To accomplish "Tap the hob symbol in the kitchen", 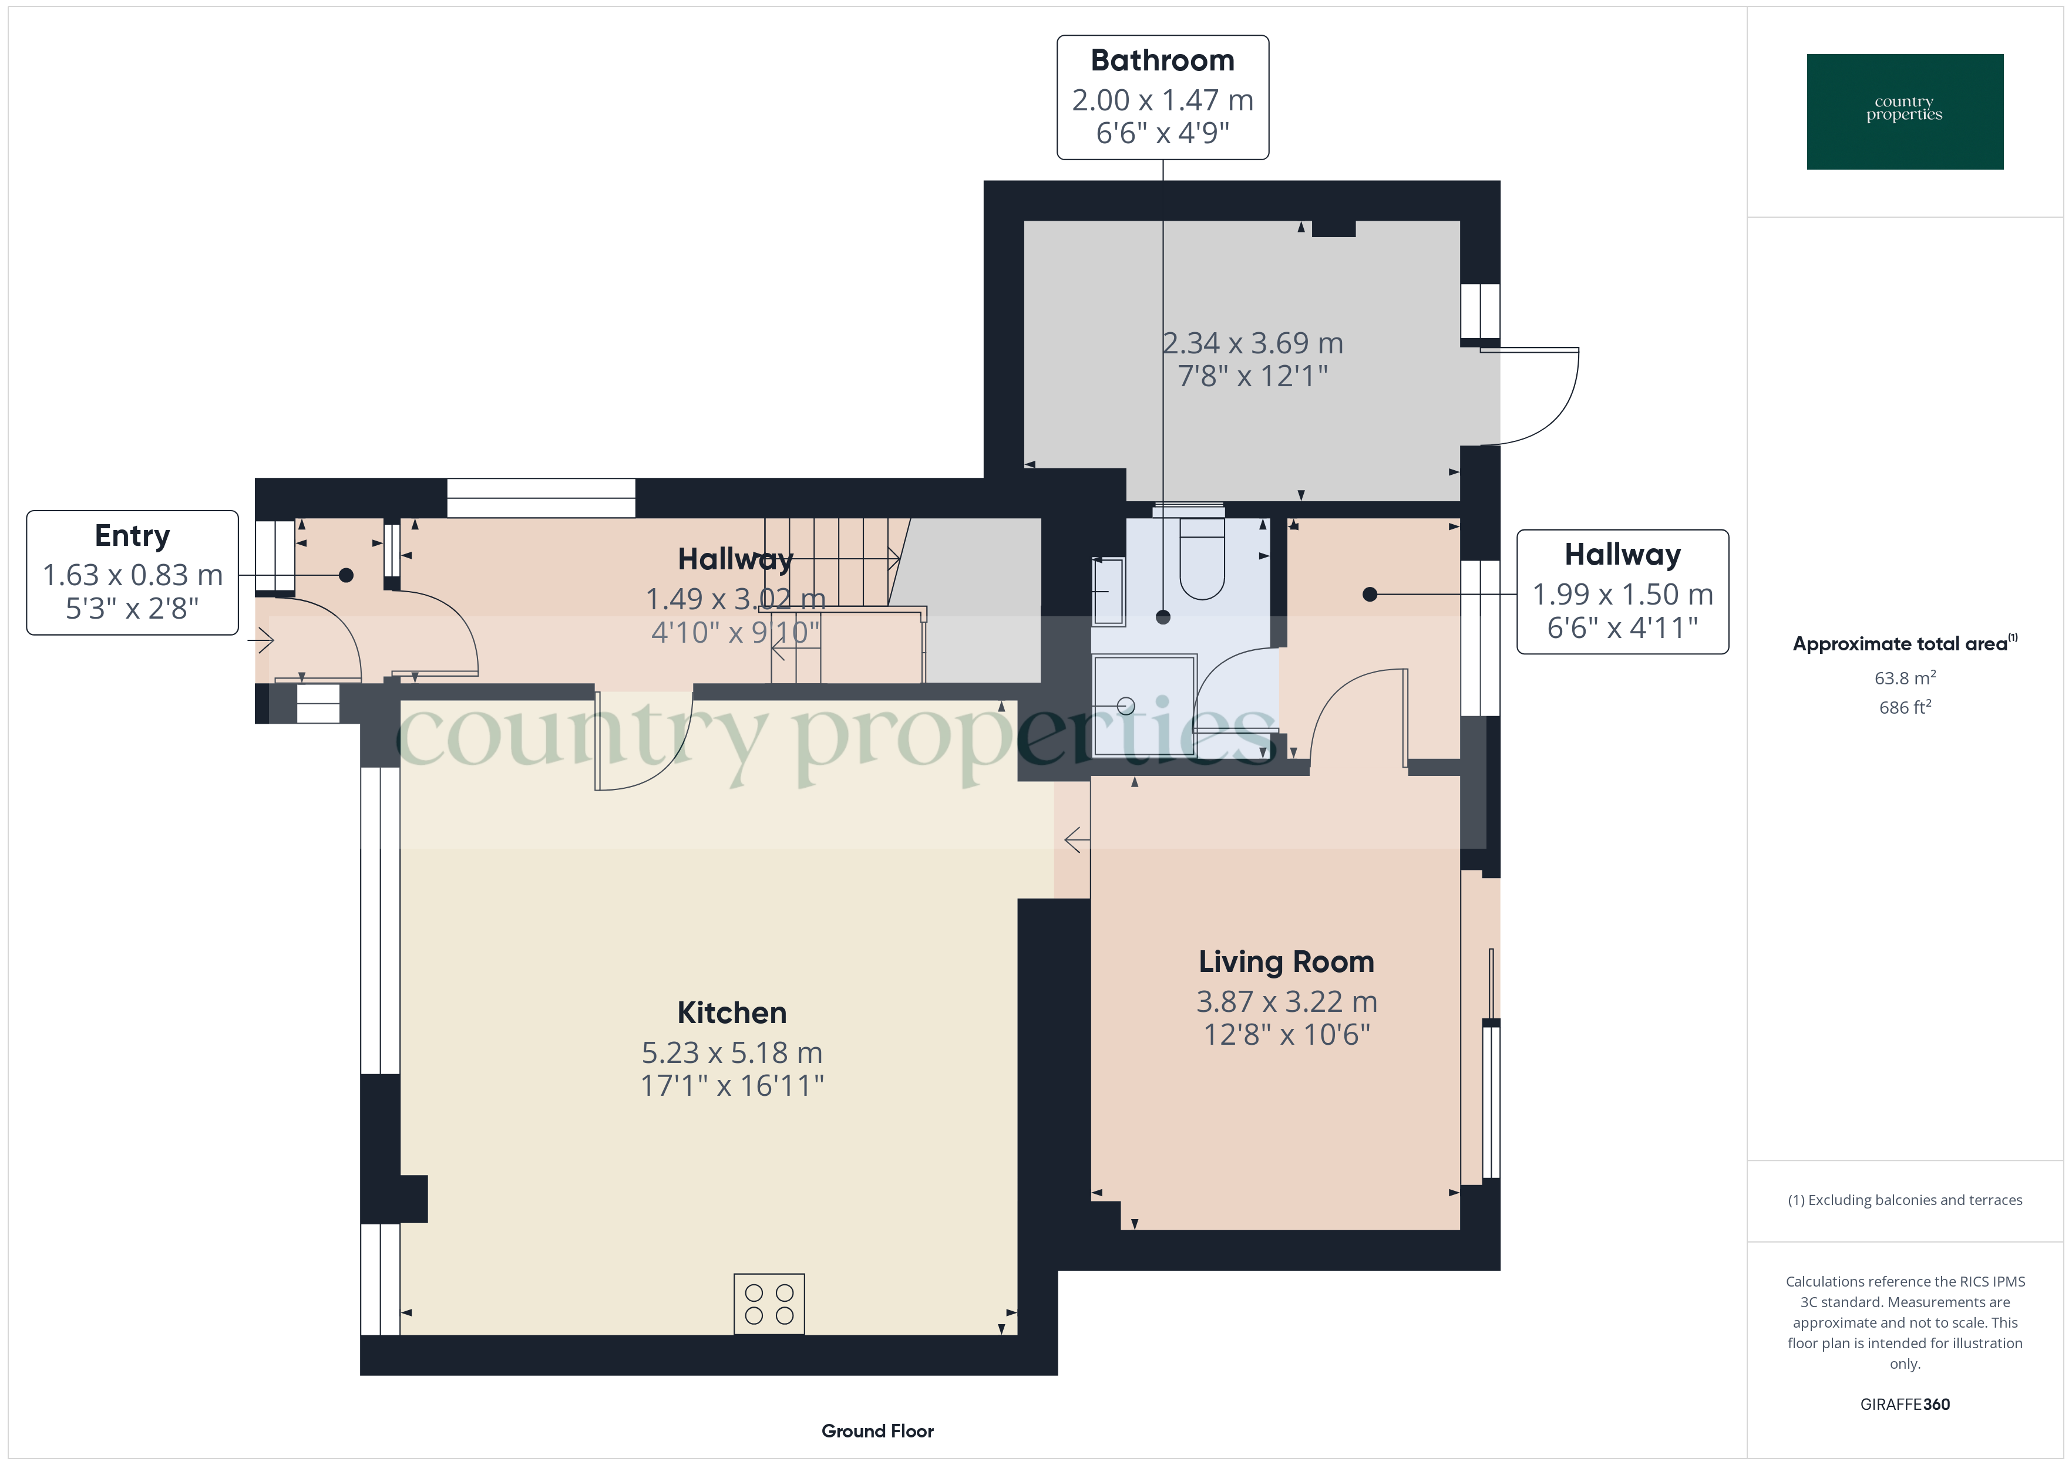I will (x=769, y=1304).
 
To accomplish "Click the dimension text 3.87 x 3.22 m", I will (x=1286, y=1001).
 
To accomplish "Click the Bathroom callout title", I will (x=1162, y=60).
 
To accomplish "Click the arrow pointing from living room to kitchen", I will (x=1076, y=840).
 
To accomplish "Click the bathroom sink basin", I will (x=1108, y=592).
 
